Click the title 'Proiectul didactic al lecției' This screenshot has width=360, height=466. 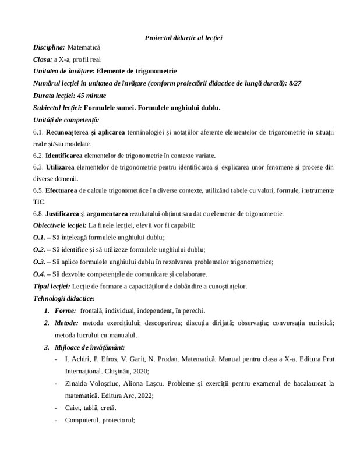tap(184, 38)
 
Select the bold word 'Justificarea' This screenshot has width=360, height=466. tap(66, 214)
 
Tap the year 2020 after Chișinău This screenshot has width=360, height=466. tap(139, 370)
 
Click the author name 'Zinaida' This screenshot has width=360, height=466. tap(78, 383)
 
